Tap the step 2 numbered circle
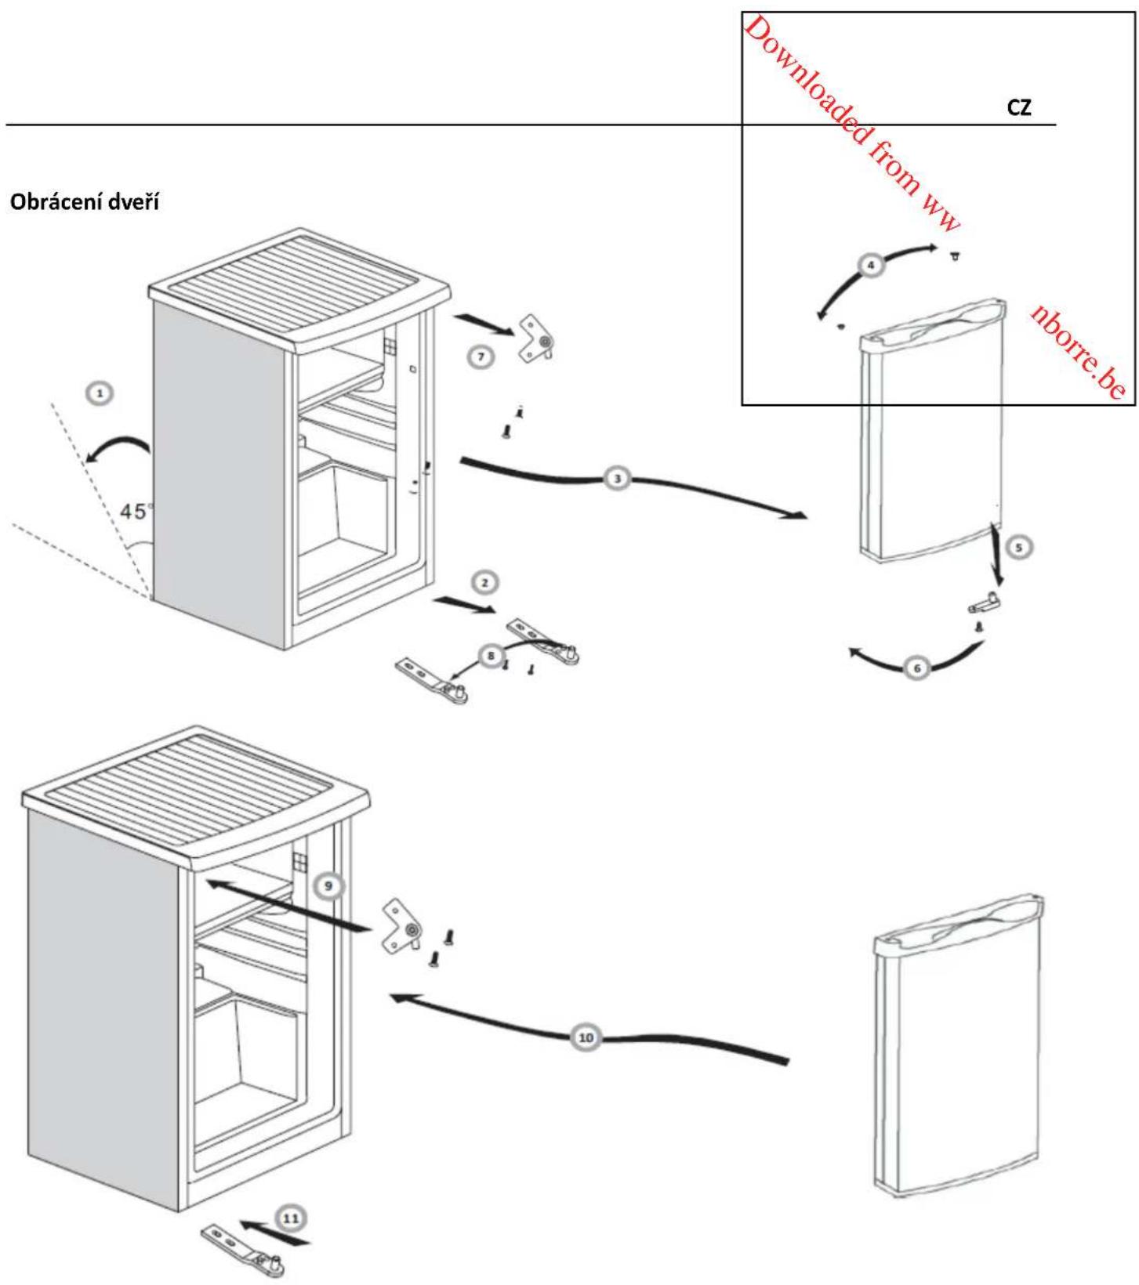point(485,582)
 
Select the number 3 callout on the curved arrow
point(618,477)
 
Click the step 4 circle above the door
point(871,265)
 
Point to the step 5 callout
point(1019,548)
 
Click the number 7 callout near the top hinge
point(481,357)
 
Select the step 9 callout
point(328,885)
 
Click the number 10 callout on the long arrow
point(586,1037)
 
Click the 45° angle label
point(136,512)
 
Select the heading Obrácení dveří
point(84,202)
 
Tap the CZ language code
point(1019,109)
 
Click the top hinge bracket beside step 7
point(538,338)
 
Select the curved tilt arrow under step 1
point(118,448)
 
